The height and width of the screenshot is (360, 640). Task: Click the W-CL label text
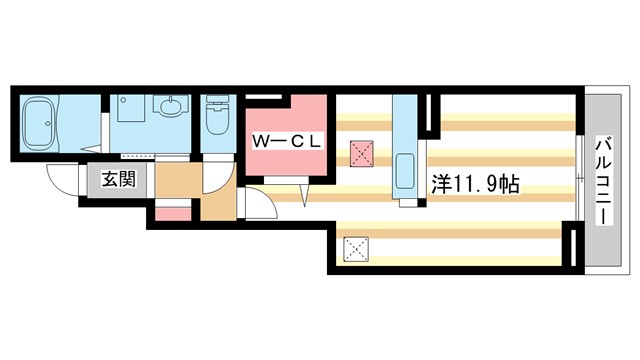(286, 142)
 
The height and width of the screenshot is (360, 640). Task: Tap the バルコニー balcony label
(603, 183)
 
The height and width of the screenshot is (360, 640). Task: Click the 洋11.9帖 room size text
(474, 184)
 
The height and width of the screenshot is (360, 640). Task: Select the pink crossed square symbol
(361, 153)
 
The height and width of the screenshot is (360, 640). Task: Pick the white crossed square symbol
(355, 246)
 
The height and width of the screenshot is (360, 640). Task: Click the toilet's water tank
(215, 104)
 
